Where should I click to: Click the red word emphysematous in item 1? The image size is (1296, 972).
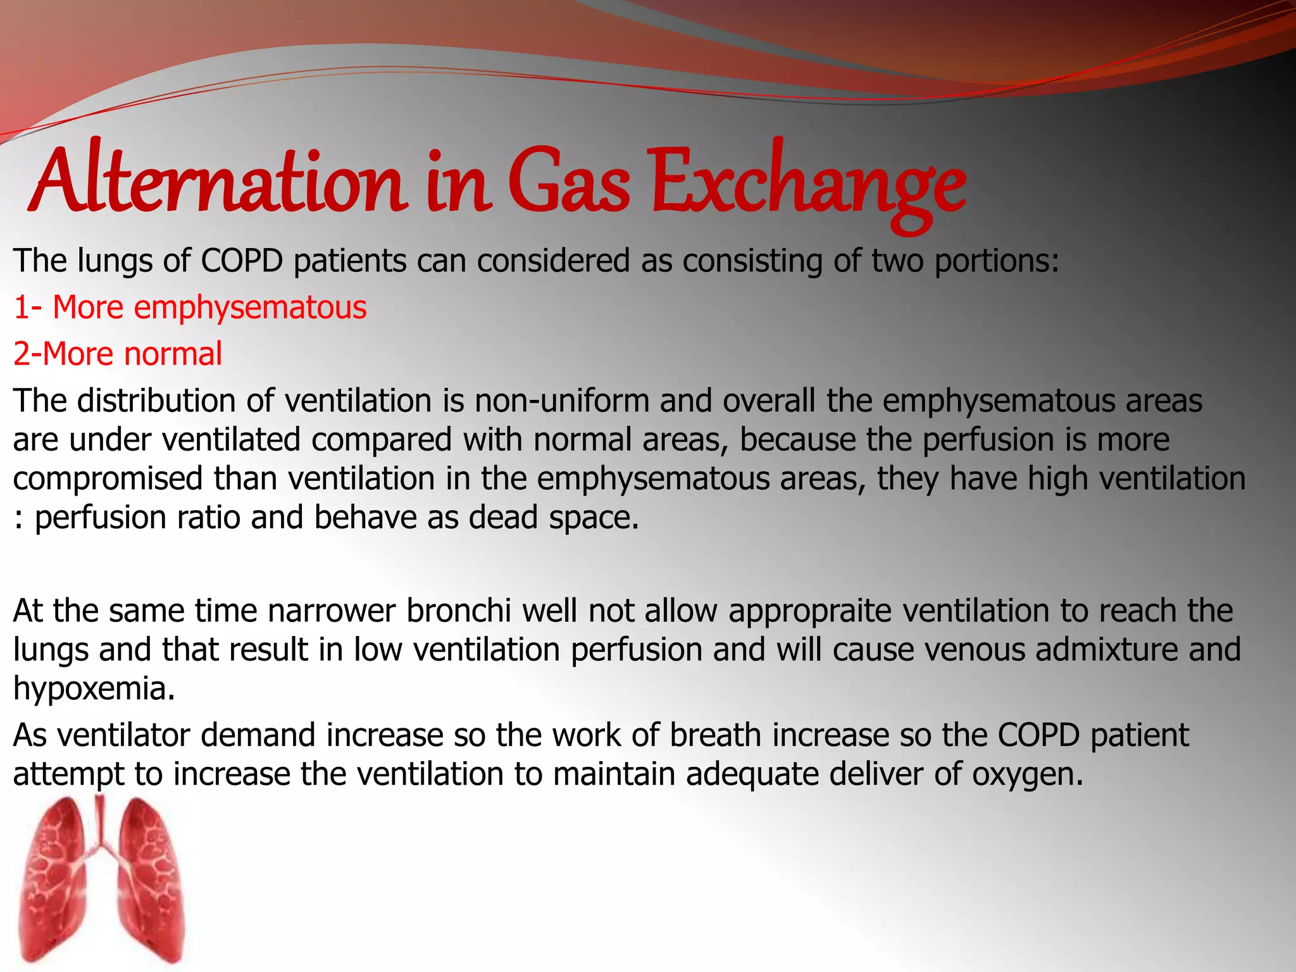[x=250, y=308]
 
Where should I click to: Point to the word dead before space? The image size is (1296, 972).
[x=503, y=517]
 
